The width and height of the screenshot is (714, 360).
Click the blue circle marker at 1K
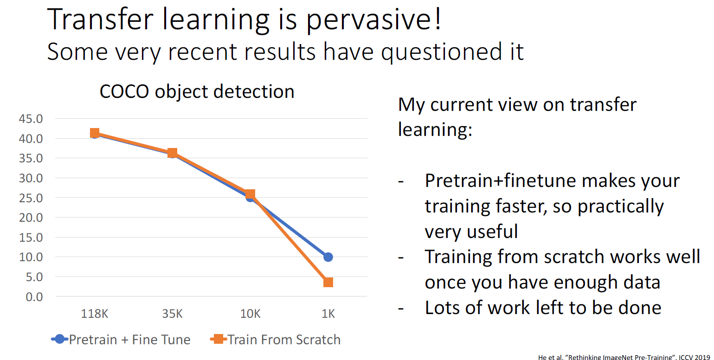[328, 257]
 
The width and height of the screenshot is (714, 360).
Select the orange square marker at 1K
[328, 282]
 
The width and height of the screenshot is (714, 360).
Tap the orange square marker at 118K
[95, 133]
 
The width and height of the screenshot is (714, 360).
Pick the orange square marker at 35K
[172, 153]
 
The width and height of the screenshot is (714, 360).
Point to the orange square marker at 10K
[250, 194]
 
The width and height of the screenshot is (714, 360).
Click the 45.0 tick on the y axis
[31, 119]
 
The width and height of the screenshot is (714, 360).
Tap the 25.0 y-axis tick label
[31, 198]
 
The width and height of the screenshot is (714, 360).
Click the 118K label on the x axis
[95, 314]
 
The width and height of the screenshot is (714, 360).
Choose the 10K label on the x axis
[250, 314]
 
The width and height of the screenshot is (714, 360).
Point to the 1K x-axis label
[328, 314]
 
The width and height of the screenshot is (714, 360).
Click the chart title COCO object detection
[197, 91]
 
